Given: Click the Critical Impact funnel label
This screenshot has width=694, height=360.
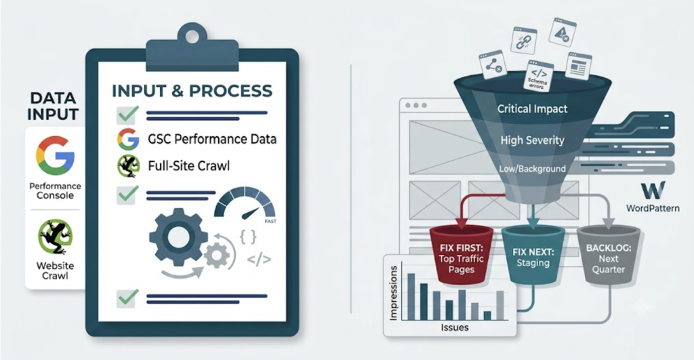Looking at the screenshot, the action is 532,109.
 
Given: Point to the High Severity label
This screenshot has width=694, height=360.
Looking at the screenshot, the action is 533,140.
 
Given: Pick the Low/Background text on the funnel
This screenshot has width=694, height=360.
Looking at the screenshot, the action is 533,169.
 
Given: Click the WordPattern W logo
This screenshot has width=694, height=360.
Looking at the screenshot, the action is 653,191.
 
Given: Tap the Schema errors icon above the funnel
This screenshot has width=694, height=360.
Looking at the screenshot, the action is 538,76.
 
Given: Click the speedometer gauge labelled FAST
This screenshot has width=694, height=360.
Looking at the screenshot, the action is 245,205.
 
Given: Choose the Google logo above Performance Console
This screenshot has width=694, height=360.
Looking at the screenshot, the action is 55,156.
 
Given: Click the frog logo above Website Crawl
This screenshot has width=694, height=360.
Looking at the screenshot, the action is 56,237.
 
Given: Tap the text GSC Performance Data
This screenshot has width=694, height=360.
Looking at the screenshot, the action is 212,139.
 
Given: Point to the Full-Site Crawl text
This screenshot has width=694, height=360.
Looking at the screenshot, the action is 189,166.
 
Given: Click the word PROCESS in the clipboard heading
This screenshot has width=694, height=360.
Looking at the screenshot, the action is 231,91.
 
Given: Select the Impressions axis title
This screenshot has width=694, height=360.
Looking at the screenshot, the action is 393,293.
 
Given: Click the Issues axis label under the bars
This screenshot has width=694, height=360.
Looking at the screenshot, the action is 455,327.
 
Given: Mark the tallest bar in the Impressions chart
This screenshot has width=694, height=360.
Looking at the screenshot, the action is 411,297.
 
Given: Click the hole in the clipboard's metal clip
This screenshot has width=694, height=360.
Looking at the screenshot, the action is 192,37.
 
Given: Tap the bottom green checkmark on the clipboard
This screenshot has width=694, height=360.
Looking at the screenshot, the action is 127,298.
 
